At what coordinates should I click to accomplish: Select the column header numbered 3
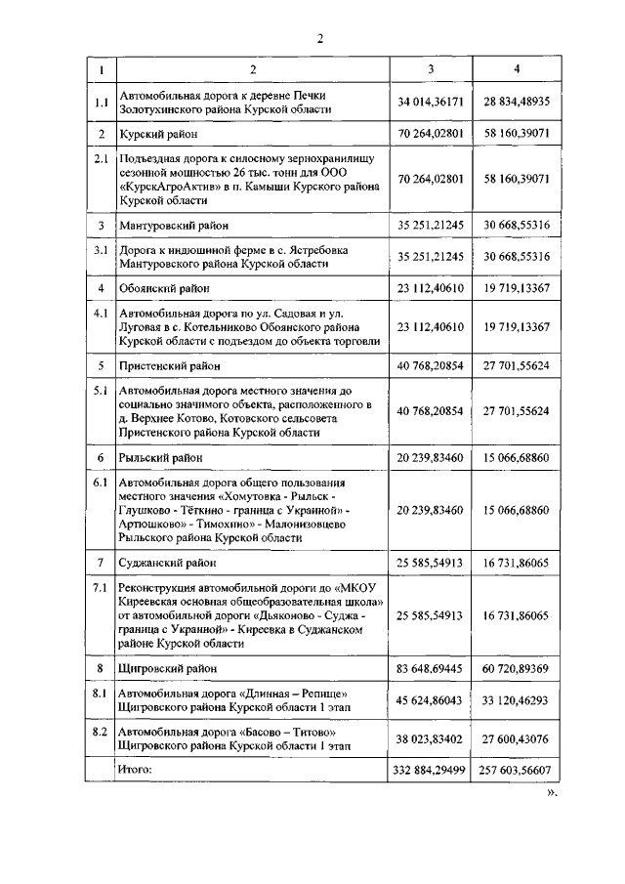(431, 69)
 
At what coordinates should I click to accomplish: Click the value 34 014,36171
(431, 102)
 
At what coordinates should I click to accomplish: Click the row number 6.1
(100, 484)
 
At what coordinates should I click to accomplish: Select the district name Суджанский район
(169, 564)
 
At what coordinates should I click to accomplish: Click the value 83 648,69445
(431, 668)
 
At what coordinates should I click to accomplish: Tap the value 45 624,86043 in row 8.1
(431, 700)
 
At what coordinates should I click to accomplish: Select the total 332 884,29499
(431, 771)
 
